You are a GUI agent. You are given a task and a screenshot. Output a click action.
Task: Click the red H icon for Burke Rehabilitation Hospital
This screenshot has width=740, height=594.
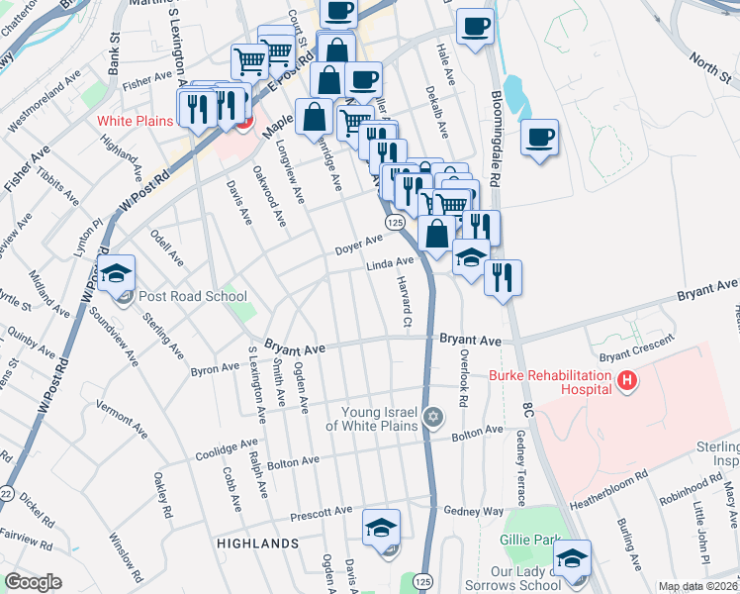pyautogui.click(x=625, y=379)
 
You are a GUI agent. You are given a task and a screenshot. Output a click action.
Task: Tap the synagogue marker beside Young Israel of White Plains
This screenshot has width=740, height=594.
pyautogui.click(x=431, y=416)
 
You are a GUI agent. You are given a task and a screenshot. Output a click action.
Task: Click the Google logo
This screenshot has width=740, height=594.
pyautogui.click(x=34, y=582)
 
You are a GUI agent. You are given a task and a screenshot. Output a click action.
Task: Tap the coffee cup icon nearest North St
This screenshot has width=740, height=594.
pyautogui.click(x=540, y=138)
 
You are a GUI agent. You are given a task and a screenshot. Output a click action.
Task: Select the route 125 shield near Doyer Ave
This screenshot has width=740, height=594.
pyautogui.click(x=394, y=224)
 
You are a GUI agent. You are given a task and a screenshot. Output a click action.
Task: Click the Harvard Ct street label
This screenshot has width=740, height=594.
pyautogui.click(x=405, y=303)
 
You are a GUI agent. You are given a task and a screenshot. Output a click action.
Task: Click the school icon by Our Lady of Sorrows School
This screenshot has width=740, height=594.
pyautogui.click(x=572, y=558)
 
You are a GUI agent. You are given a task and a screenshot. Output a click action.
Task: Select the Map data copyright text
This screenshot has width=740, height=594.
pyautogui.click(x=698, y=586)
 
